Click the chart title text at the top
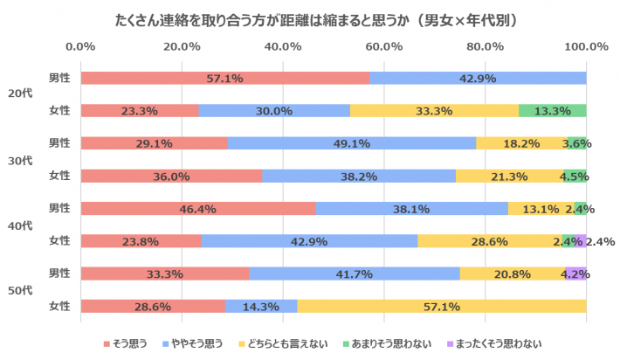click(x=311, y=18)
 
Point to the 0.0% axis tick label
click(x=80, y=46)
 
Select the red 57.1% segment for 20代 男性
click(x=224, y=78)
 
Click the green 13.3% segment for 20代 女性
click(x=552, y=110)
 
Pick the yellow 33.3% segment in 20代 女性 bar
click(x=434, y=110)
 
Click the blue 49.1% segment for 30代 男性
click(x=352, y=143)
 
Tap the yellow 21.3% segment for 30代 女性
click(x=509, y=176)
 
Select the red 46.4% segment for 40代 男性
click(x=197, y=208)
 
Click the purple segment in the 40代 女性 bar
click(x=581, y=241)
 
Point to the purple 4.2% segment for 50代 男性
click(x=575, y=273)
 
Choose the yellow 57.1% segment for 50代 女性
click(x=441, y=306)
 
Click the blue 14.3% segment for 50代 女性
click(x=261, y=306)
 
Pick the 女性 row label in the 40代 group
click(x=59, y=241)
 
